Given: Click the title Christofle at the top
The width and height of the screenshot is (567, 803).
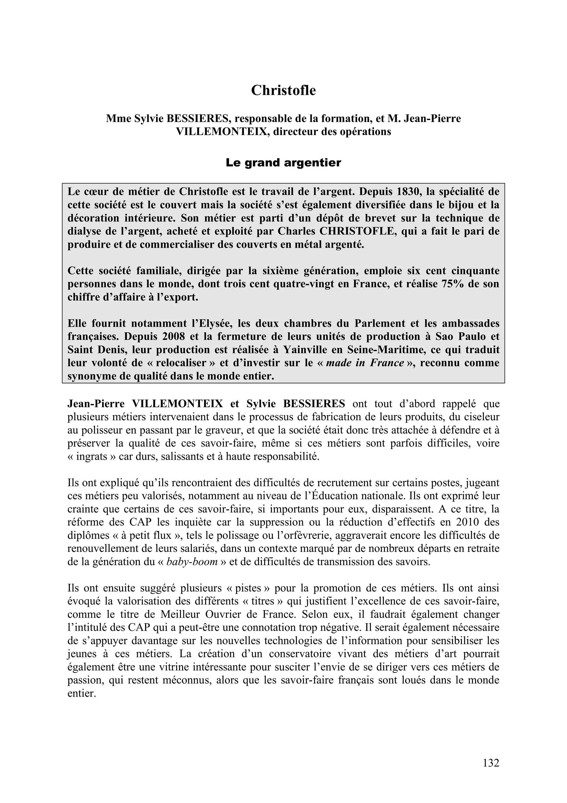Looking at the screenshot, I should [283, 90].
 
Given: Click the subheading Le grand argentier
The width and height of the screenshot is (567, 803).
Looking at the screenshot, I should [283, 163].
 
